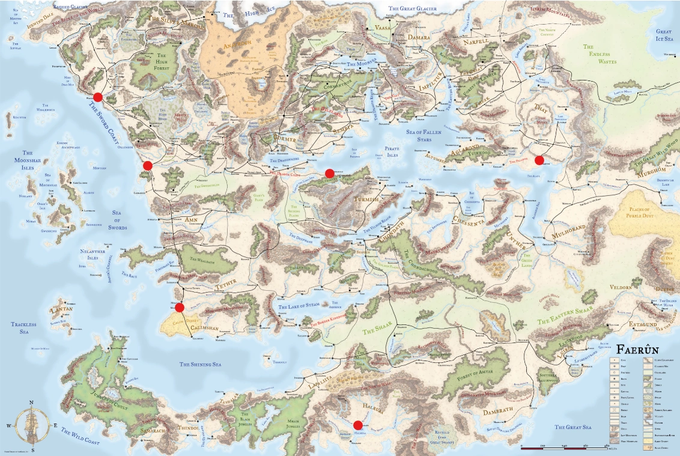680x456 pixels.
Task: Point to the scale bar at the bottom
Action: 565,448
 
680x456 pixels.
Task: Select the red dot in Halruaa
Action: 358,425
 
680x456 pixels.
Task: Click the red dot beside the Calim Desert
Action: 179,308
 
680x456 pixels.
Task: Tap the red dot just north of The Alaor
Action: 539,160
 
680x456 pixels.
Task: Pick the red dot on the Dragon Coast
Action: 329,174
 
